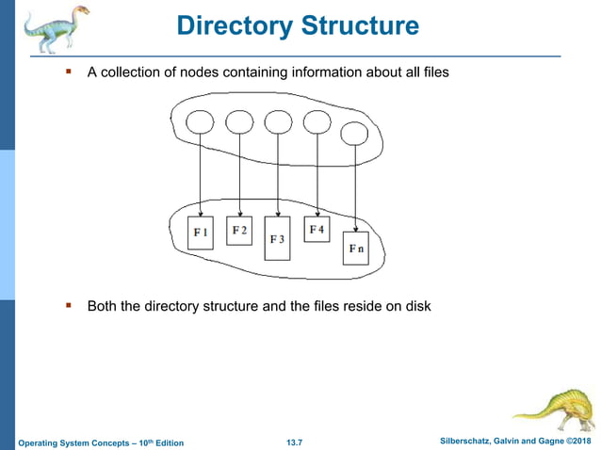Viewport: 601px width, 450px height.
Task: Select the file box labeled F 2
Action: pyautogui.click(x=240, y=230)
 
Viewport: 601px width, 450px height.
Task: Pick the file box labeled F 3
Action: pyautogui.click(x=278, y=239)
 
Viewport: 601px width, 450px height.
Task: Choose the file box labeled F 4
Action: pyautogui.click(x=317, y=229)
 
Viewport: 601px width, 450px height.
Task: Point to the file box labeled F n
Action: pyautogui.click(x=355, y=249)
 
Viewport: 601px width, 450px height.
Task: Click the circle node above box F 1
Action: pyautogui.click(x=200, y=124)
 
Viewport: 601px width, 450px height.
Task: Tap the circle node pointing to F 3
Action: pyautogui.click(x=278, y=123)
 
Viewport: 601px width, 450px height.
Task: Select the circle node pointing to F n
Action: pyautogui.click(x=354, y=135)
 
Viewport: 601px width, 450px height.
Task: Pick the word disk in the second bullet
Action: pyautogui.click(x=415, y=306)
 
